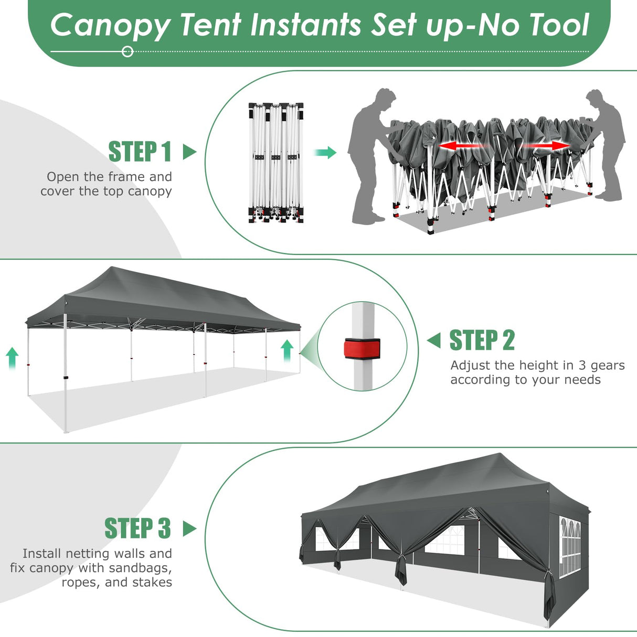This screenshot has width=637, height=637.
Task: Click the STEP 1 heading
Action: coord(140,152)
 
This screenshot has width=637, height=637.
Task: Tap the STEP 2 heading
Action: coord(482,341)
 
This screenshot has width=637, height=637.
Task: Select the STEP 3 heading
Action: coord(137,528)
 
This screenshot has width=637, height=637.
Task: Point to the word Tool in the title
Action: coord(559,25)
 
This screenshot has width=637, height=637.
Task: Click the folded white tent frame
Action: coord(275,163)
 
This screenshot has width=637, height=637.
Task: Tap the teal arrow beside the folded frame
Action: coord(325,153)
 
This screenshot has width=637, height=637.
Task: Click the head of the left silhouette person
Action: coord(386,99)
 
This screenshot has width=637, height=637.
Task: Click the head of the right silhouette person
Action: coord(595,100)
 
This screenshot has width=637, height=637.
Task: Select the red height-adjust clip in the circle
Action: coord(362,347)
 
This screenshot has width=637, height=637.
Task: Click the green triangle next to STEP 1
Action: coord(189,152)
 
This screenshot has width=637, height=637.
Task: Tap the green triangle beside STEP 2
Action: coord(434,341)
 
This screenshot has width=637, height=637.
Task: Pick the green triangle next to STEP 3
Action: coord(189,528)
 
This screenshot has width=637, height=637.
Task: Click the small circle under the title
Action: coord(128,51)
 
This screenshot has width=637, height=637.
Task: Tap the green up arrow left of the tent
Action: coord(12,358)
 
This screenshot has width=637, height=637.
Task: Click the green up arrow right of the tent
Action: coord(287,350)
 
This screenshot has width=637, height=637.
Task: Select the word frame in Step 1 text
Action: coord(127,177)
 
